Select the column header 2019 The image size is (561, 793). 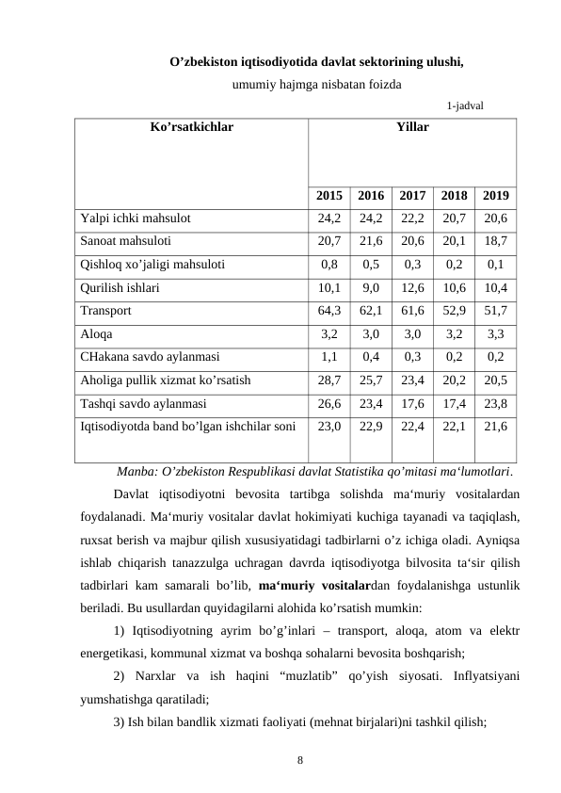coord(496,197)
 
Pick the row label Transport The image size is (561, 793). coord(106,309)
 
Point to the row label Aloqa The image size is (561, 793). coord(96,333)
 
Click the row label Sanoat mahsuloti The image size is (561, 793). coord(125,241)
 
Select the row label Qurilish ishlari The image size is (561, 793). coord(120,286)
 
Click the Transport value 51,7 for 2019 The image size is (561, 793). coord(496,309)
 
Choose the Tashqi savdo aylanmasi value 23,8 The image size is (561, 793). coord(496,402)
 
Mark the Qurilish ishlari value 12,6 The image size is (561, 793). coord(412,286)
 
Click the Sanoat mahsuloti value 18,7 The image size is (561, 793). coord(496,241)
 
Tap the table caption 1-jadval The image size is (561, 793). coord(466,105)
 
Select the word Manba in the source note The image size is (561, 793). coord(136,470)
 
